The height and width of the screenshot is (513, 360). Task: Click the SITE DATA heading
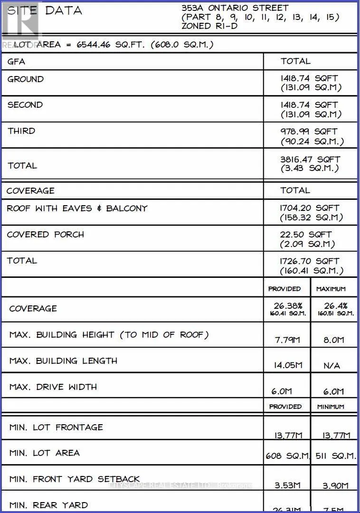[45, 11]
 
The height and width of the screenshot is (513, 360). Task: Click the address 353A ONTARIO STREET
[235, 8]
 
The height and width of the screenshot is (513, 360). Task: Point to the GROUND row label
[26, 79]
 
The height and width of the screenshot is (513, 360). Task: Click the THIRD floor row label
[21, 131]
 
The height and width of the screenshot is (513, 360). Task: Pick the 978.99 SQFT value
[309, 131]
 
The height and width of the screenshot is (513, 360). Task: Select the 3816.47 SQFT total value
[310, 160]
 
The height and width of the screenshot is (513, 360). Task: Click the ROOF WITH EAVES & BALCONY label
[77, 208]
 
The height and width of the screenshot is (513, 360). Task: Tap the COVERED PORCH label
[46, 234]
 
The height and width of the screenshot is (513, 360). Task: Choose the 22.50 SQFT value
[306, 234]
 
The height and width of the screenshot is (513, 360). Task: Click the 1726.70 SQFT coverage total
[310, 261]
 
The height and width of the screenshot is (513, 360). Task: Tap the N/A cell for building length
[331, 366]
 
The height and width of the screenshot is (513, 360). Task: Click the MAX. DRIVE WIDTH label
[53, 387]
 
